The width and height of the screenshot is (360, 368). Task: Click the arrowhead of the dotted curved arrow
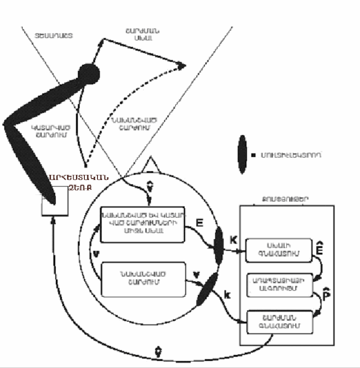182,67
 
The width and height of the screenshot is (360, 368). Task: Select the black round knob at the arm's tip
88,73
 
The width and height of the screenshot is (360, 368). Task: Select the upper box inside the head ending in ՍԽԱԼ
143,226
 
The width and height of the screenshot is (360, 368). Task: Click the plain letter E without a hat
199,224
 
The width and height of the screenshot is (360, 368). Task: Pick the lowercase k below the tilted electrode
227,294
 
